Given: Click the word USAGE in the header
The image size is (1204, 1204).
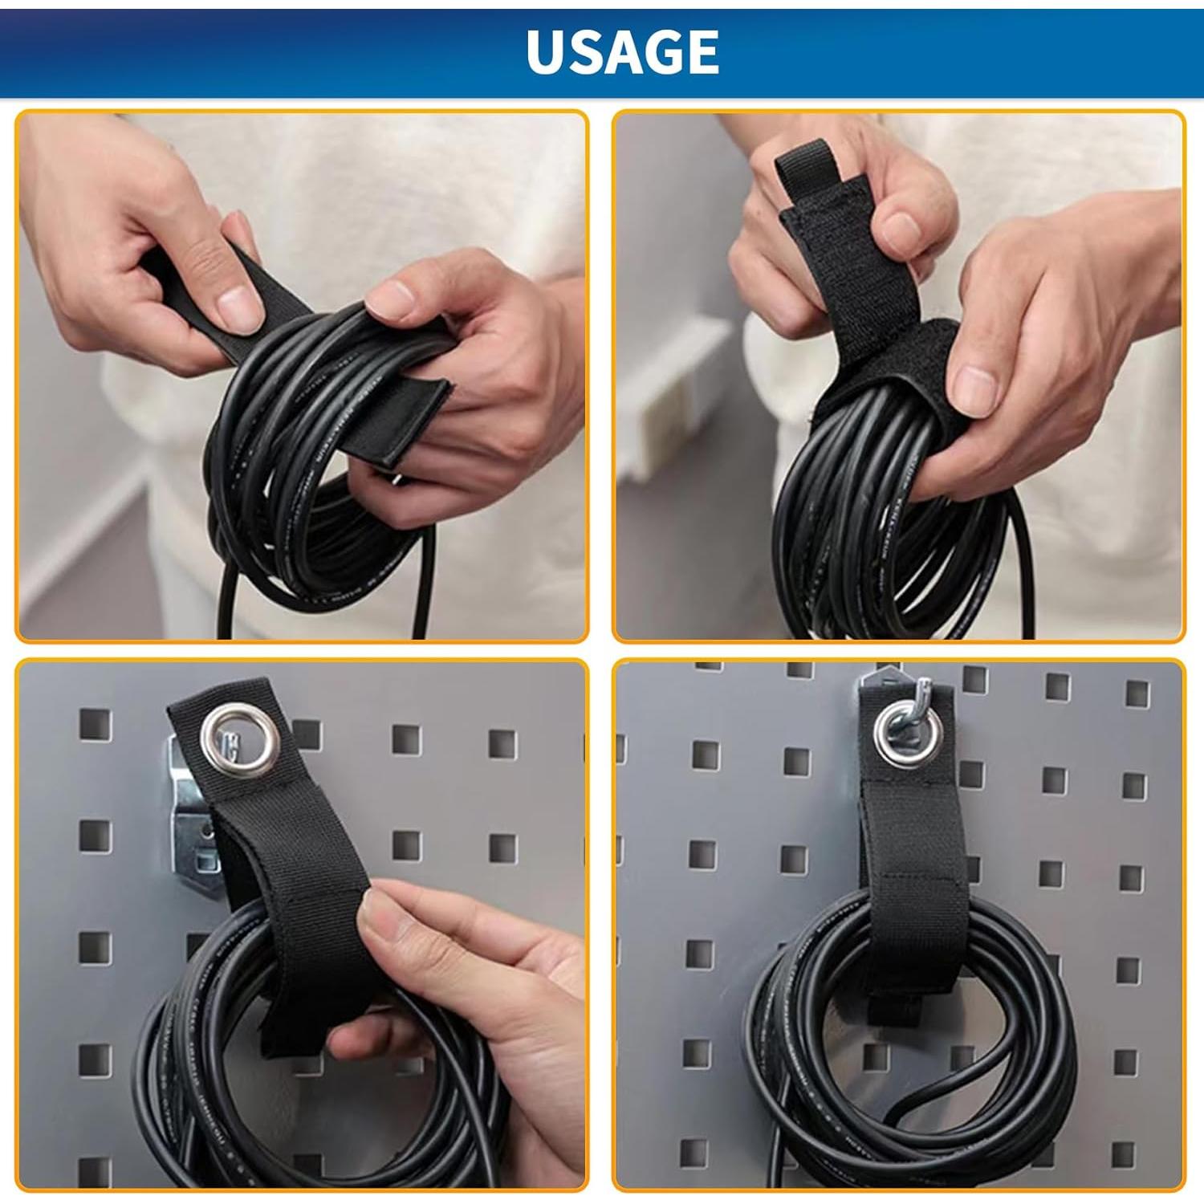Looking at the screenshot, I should coord(622,52).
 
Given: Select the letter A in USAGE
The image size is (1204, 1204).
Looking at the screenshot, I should coord(624,52).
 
